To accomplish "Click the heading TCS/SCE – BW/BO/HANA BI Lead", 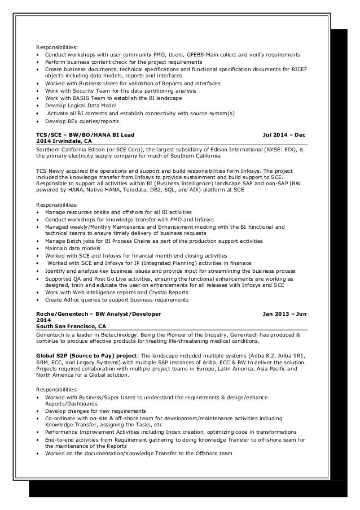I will click(85, 135).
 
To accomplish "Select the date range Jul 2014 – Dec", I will click(284, 135).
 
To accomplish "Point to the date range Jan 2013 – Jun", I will click(284, 313).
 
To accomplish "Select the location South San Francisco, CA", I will click(71, 326).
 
